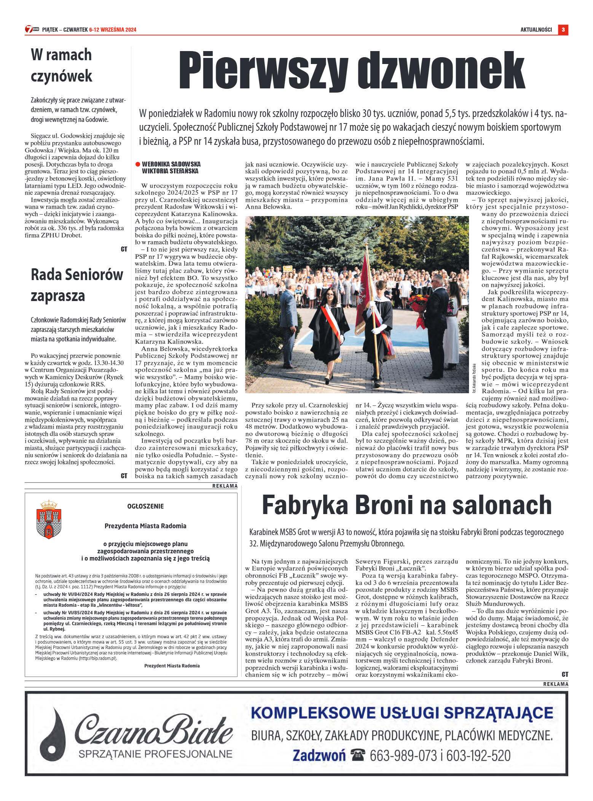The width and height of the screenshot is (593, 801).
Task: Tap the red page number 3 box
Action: (563, 30)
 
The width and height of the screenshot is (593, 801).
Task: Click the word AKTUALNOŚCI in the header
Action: (536, 30)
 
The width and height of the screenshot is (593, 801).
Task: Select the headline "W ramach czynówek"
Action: (61, 65)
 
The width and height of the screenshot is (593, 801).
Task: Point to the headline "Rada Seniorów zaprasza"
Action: (77, 285)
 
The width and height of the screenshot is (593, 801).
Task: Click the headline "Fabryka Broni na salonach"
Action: (406, 505)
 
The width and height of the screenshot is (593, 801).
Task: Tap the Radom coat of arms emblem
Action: (49, 519)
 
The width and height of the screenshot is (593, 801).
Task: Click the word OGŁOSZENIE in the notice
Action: (145, 506)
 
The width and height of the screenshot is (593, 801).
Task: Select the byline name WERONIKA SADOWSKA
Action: (171, 164)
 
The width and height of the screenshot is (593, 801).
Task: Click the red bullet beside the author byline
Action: (138, 164)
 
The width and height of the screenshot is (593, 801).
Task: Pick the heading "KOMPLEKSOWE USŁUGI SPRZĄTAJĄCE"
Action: (402, 713)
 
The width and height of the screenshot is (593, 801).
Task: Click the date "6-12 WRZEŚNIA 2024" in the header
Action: (113, 30)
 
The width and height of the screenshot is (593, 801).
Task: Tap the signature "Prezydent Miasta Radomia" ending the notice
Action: (172, 666)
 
